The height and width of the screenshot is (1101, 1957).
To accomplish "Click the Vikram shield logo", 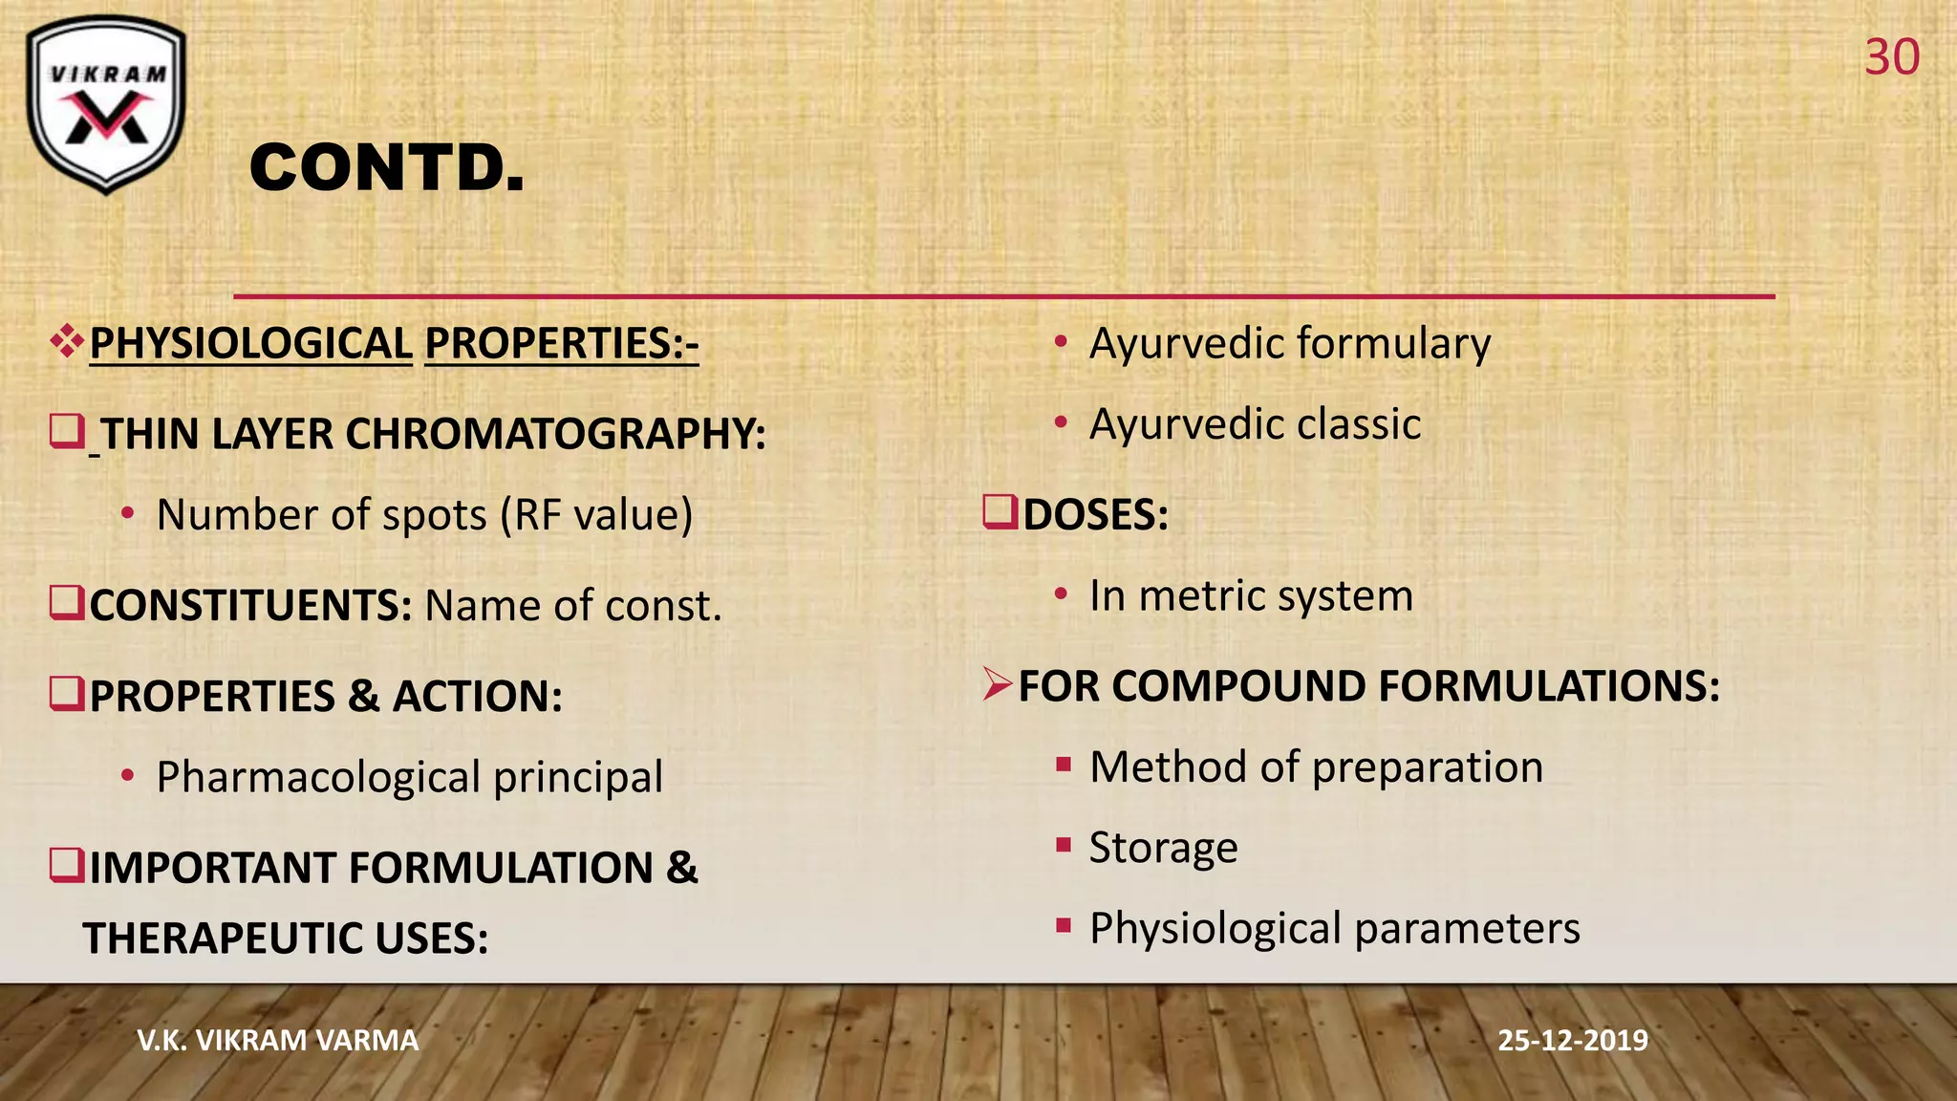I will (x=106, y=104).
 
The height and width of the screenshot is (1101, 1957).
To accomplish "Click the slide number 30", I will (x=1891, y=58).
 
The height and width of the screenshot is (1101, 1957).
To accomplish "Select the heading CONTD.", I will (x=387, y=168).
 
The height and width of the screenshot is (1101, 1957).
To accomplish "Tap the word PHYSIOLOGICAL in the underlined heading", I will (x=250, y=344).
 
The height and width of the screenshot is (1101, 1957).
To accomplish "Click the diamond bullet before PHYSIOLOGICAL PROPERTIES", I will (x=67, y=341).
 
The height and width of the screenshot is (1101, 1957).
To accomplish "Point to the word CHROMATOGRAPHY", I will (x=555, y=434).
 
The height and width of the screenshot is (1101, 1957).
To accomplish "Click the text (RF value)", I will (x=596, y=515).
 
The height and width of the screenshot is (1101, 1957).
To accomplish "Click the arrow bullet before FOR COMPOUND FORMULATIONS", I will (x=997, y=684).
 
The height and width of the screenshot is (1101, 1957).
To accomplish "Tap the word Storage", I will (x=1163, y=848).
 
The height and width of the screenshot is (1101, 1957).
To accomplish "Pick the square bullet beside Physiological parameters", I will (x=1063, y=925).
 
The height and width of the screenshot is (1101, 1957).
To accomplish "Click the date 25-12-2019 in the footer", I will (x=1572, y=1040).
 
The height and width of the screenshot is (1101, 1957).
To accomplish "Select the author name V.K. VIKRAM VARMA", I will (x=278, y=1040).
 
